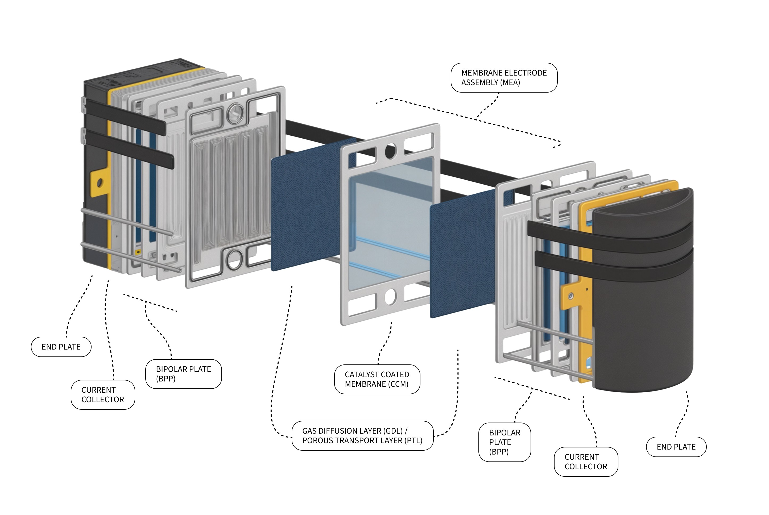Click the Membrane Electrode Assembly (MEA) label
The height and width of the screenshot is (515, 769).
pos(504,77)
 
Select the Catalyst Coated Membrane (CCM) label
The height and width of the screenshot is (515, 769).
pos(377,379)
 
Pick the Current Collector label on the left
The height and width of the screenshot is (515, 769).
pos(102,394)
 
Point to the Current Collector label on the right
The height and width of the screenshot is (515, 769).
pos(585,462)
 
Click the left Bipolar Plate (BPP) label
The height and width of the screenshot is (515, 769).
pos(183,374)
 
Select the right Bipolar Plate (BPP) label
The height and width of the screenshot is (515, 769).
pos(504,442)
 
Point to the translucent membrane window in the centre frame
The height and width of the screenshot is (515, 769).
pos(391,223)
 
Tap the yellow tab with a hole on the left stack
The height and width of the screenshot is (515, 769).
pos(99,182)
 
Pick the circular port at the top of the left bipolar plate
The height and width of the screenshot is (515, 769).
pos(235,113)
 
